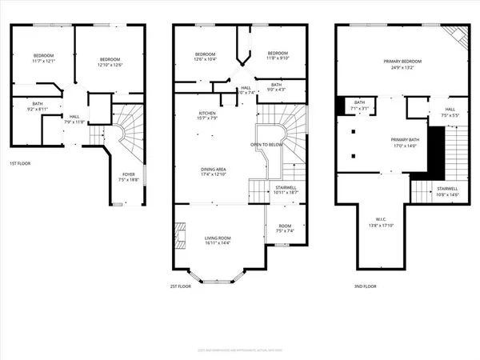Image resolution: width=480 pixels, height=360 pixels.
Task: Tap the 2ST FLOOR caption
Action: pyautogui.click(x=179, y=286)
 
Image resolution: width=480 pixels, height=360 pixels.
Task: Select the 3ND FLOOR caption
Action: pyautogui.click(x=364, y=286)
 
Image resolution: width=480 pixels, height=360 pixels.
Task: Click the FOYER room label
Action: pyautogui.click(x=128, y=174)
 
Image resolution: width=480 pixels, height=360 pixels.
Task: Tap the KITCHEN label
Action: pyautogui.click(x=207, y=114)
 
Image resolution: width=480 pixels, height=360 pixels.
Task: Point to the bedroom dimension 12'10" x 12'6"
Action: pyautogui.click(x=110, y=66)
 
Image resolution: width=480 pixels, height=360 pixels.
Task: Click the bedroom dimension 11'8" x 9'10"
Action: pyautogui.click(x=278, y=58)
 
